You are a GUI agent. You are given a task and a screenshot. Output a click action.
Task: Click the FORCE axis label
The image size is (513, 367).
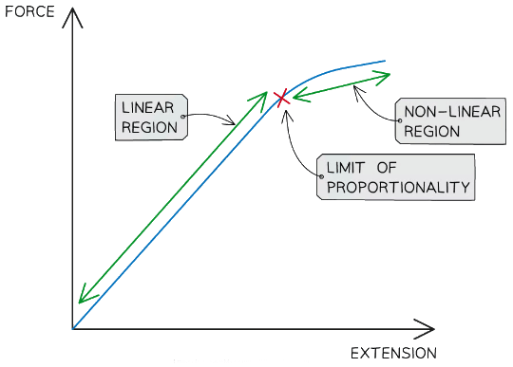[28, 14]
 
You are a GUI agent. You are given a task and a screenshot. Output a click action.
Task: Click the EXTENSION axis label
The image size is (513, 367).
[393, 354]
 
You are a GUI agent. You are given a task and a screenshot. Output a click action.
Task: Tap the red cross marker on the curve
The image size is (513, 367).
[281, 98]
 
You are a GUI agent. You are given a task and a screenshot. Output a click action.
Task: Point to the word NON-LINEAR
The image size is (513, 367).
[446, 112]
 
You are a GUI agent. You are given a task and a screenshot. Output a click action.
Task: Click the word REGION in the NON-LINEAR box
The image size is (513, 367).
[433, 131]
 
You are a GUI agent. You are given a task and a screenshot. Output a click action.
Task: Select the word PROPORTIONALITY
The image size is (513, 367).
[397, 187]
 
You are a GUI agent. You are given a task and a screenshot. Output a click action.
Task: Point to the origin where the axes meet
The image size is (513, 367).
[72, 329]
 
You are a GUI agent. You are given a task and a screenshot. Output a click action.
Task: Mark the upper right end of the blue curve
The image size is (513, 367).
[385, 62]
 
